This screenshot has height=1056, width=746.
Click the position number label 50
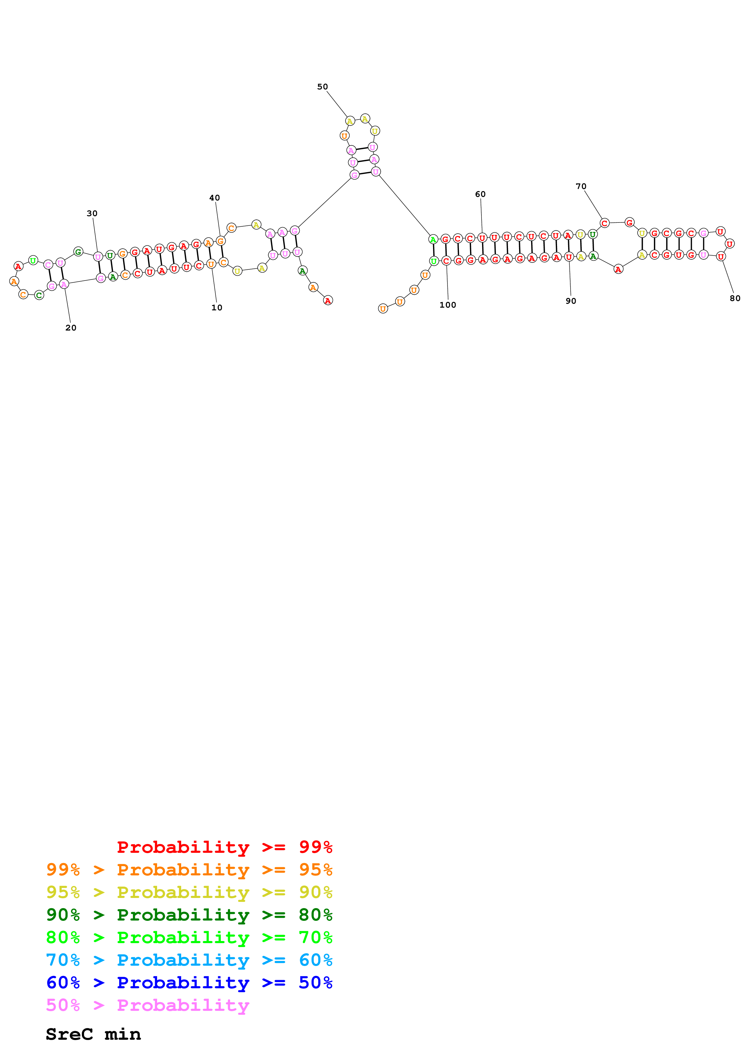coord(322,87)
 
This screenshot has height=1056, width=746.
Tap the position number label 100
coord(448,305)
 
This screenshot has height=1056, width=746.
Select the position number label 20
coord(71,328)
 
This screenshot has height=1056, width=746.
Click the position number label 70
coord(581,186)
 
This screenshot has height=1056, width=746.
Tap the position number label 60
coord(480,194)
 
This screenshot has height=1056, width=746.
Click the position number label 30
coord(92,213)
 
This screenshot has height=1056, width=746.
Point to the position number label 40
coord(215,198)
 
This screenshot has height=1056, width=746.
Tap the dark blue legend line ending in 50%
coord(189,983)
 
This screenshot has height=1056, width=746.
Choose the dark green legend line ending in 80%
coord(189,915)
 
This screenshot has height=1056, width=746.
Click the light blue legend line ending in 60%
coord(189,960)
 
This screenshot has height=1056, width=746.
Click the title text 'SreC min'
coord(93,1034)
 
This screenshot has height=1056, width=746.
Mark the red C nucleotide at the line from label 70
coord(605,223)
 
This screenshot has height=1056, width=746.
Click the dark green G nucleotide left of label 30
coord(78,252)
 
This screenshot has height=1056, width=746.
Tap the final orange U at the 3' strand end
coord(383,309)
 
